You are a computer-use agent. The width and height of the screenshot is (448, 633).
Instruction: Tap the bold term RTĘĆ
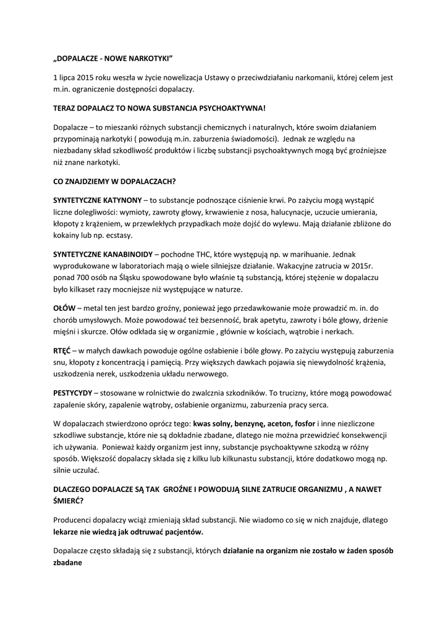64,350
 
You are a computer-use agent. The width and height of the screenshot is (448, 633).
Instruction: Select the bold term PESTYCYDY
73,393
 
